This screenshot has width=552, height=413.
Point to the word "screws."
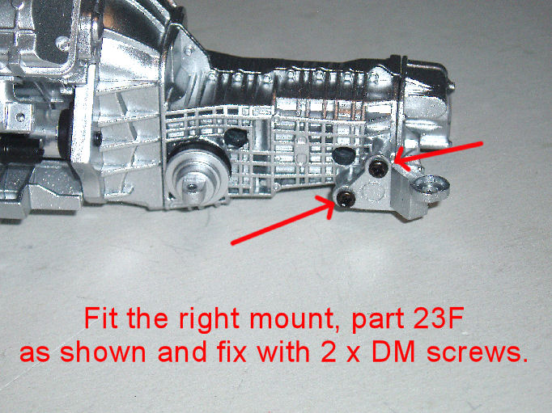point(478,352)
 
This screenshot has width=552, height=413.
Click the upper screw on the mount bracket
point(378,168)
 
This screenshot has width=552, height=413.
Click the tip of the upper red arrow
point(396,161)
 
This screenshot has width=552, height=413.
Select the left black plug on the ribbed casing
point(236,137)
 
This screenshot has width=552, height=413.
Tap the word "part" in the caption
point(377,321)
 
